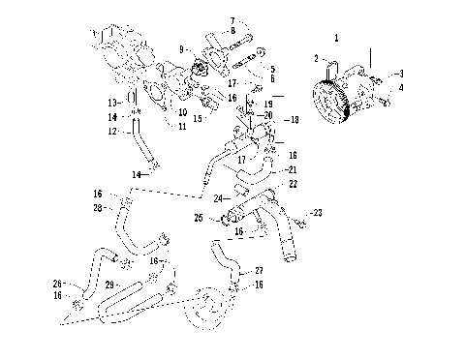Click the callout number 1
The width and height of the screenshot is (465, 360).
click(335, 38)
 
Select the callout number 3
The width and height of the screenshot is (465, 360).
click(402, 74)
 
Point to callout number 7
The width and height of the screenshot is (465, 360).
click(232, 20)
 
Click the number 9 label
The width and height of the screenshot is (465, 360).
click(181, 47)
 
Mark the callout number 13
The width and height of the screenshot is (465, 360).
click(113, 102)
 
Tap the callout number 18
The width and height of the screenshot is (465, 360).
click(295, 120)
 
